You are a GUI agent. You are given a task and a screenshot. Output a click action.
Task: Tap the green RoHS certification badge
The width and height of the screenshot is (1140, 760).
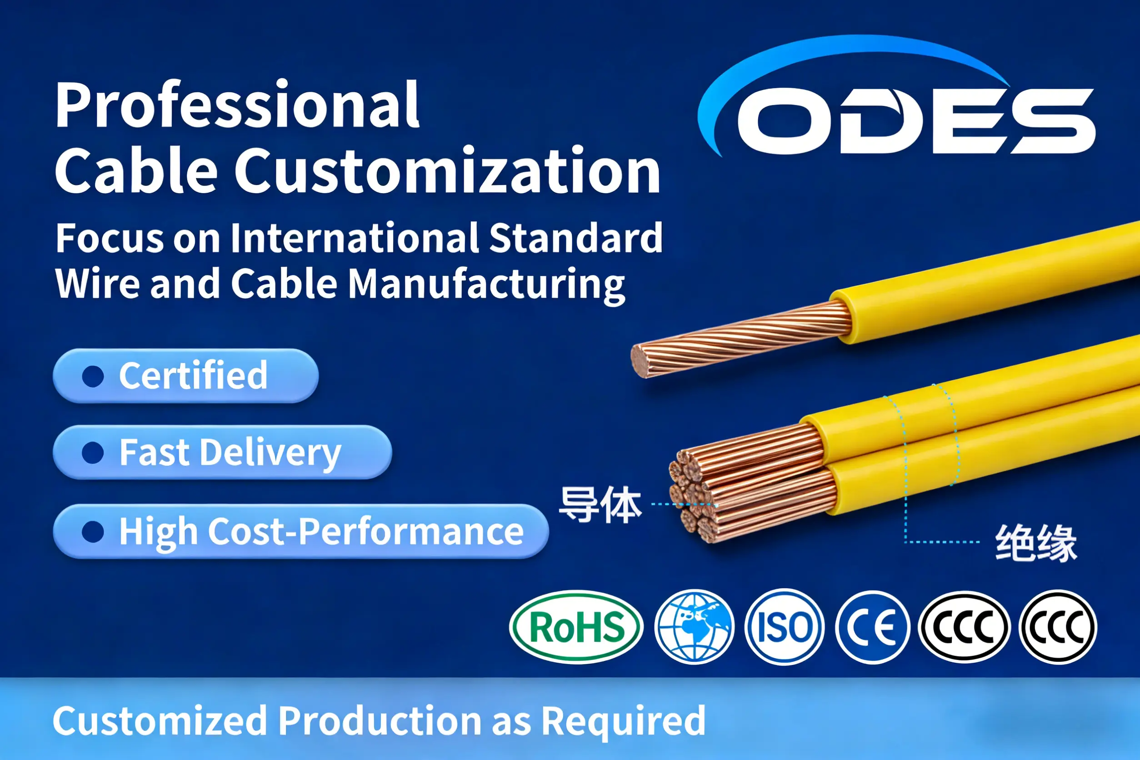[x=576, y=627]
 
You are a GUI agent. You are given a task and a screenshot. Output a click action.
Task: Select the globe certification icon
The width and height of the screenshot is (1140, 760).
[x=694, y=627]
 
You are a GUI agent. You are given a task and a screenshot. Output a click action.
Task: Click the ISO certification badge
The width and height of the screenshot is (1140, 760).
[x=784, y=627]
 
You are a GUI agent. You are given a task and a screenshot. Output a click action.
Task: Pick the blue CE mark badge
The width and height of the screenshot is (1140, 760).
[x=872, y=627]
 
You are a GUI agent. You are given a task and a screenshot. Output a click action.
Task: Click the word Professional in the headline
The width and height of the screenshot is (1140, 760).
[x=237, y=105]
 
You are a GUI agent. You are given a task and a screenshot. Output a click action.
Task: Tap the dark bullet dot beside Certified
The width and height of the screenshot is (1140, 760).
[x=93, y=376]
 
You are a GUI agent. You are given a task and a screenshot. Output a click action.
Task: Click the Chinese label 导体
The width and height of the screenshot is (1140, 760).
[x=600, y=505]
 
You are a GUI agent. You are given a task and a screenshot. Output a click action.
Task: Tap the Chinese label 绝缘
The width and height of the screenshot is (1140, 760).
[x=1036, y=543]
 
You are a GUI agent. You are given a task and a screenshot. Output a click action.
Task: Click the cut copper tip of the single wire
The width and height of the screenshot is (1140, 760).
[x=641, y=360]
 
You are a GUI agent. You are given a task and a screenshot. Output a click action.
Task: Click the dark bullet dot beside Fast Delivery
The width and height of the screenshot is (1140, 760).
[x=93, y=453]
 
